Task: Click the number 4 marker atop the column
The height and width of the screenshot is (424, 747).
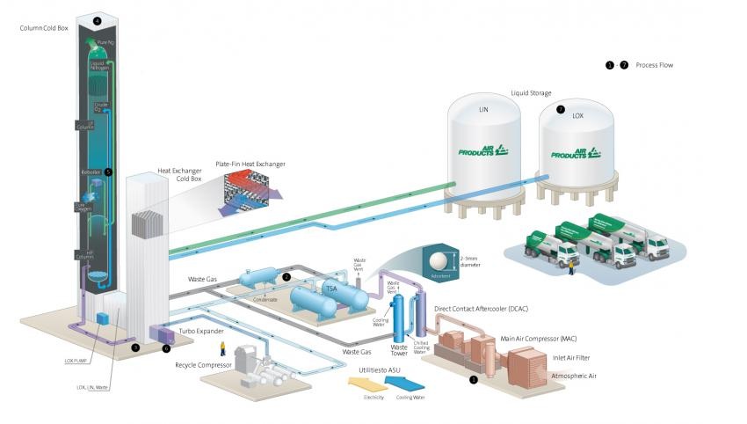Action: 97,18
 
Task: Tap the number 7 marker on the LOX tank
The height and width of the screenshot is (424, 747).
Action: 560,110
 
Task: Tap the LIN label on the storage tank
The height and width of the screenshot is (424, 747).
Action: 482,112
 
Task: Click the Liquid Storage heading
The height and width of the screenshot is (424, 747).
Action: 532,91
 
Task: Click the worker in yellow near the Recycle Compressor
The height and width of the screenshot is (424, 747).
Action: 222,347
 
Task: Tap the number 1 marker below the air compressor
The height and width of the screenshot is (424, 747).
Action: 474,379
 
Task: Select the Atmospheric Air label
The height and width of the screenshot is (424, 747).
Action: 572,376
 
